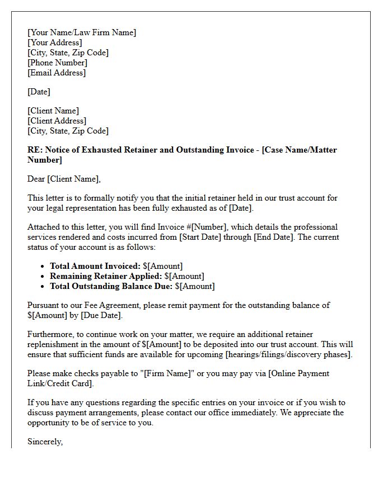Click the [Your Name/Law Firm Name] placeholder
pos(82,32)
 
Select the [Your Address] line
pos(55,42)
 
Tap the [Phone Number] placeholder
pos(58,63)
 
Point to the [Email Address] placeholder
pos(57,73)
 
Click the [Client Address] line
pos(57,121)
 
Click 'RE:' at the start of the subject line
pos(35,150)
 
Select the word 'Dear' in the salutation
pos(36,179)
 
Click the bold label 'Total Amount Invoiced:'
pos(95,266)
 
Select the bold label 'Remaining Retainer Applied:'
pos(106,276)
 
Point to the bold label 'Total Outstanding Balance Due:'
pos(111,286)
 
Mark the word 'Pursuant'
pos(44,305)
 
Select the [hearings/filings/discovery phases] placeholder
pos(288,354)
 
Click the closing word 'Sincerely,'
pos(45,442)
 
